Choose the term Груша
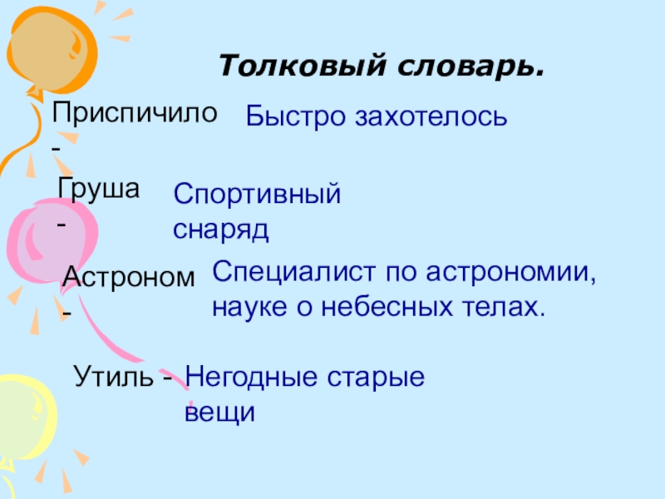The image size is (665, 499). [x=98, y=188]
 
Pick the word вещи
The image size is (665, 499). [x=218, y=412]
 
